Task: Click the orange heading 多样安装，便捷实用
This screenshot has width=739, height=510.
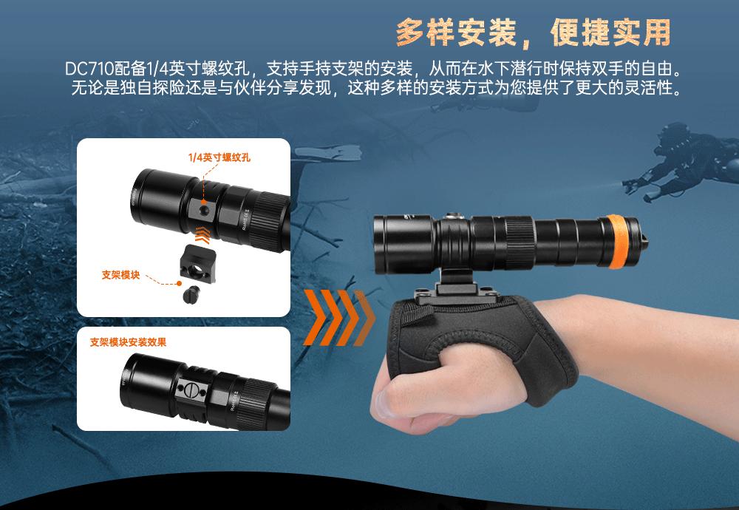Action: (534, 33)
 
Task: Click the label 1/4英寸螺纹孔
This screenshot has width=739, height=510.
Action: (219, 157)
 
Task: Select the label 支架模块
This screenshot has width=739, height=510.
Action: (120, 275)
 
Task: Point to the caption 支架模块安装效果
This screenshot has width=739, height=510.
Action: (128, 342)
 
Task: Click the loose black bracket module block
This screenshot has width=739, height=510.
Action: (197, 265)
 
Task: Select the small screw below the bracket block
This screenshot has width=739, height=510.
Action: (191, 295)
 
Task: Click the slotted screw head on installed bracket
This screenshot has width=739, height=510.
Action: (191, 390)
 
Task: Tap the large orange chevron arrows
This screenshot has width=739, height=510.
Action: (338, 316)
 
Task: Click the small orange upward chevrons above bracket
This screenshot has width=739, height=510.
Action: (202, 235)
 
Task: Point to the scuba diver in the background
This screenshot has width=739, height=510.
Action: (681, 160)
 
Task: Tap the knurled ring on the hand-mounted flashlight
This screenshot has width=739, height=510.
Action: (519, 243)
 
